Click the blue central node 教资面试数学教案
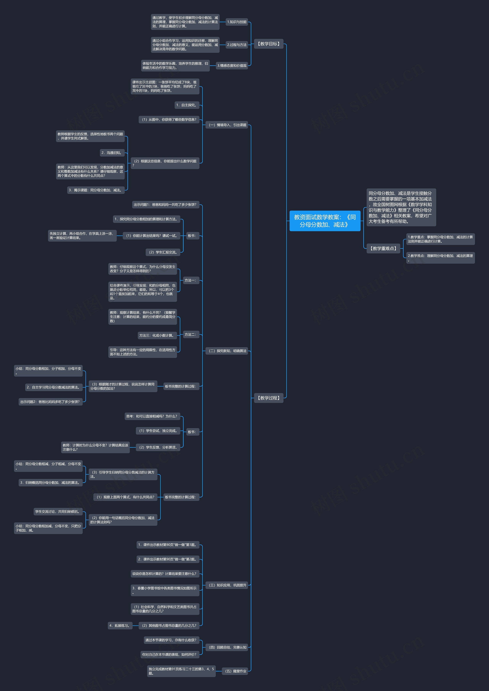[325, 221]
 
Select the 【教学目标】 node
[269, 44]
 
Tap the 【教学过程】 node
[269, 398]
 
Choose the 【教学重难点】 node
[383, 248]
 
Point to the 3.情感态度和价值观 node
[232, 66]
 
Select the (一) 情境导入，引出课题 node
[227, 125]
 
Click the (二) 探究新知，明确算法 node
[227, 351]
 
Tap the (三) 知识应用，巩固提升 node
[227, 585]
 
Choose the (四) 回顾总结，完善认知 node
[227, 647]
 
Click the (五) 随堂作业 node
[235, 671]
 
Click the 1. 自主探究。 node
[187, 105]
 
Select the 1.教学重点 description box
[440, 239]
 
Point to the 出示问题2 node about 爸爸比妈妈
[51, 402]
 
